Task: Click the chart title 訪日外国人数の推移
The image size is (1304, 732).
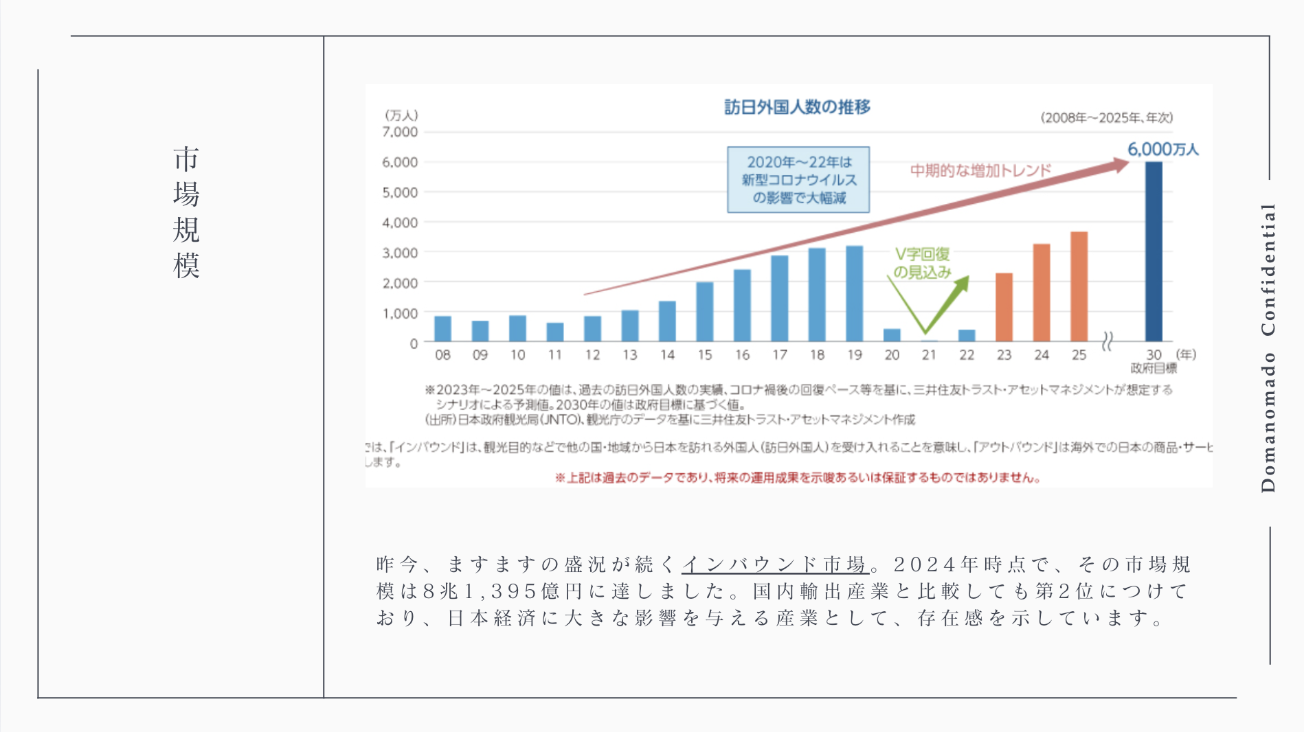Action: [x=797, y=107]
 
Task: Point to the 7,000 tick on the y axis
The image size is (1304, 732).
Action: [x=400, y=132]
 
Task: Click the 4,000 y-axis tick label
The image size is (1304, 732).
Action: [x=400, y=222]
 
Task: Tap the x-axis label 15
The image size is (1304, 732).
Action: [x=704, y=355]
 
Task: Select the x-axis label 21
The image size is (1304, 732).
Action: [x=929, y=355]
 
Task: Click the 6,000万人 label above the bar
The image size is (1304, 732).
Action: [x=1162, y=149]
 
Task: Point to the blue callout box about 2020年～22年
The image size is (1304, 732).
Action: [x=798, y=180]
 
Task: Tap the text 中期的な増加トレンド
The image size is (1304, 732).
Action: [x=980, y=170]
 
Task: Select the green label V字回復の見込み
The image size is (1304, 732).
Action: [x=922, y=263]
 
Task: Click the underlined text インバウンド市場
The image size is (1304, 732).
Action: [x=775, y=564]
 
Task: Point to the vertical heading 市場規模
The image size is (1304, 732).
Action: [x=186, y=212]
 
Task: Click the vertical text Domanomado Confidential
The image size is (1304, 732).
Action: [x=1268, y=347]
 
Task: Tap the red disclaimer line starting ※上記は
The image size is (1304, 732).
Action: [x=798, y=478]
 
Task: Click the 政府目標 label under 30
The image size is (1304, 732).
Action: [x=1154, y=369]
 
